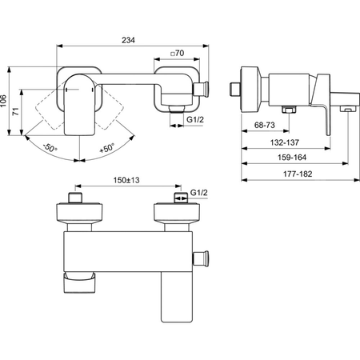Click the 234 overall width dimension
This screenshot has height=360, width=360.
(128, 40)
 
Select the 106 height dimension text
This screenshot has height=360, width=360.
(3, 101)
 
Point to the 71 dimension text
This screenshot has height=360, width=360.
(16, 111)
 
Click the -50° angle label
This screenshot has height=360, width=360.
(50, 147)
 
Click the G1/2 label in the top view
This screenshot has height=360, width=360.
(195, 119)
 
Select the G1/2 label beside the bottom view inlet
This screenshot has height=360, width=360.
(198, 193)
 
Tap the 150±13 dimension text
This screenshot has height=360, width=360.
(126, 180)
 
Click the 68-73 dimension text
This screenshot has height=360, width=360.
(264, 125)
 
